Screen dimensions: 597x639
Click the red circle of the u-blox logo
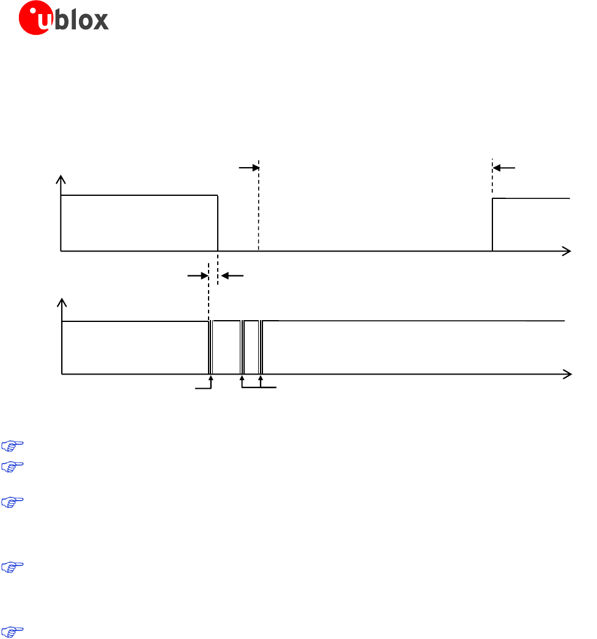pos(36,18)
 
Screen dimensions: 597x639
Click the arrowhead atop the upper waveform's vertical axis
pos(61,179)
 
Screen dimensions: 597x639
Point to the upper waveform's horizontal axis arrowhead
pos(566,251)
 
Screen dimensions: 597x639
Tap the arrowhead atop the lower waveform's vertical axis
pos(62,302)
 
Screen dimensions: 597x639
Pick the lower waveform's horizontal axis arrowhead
pos(567,374)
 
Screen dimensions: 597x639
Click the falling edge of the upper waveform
pos(218,223)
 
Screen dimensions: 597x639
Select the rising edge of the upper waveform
pos(492,225)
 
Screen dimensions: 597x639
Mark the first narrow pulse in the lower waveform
pos(210,347)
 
